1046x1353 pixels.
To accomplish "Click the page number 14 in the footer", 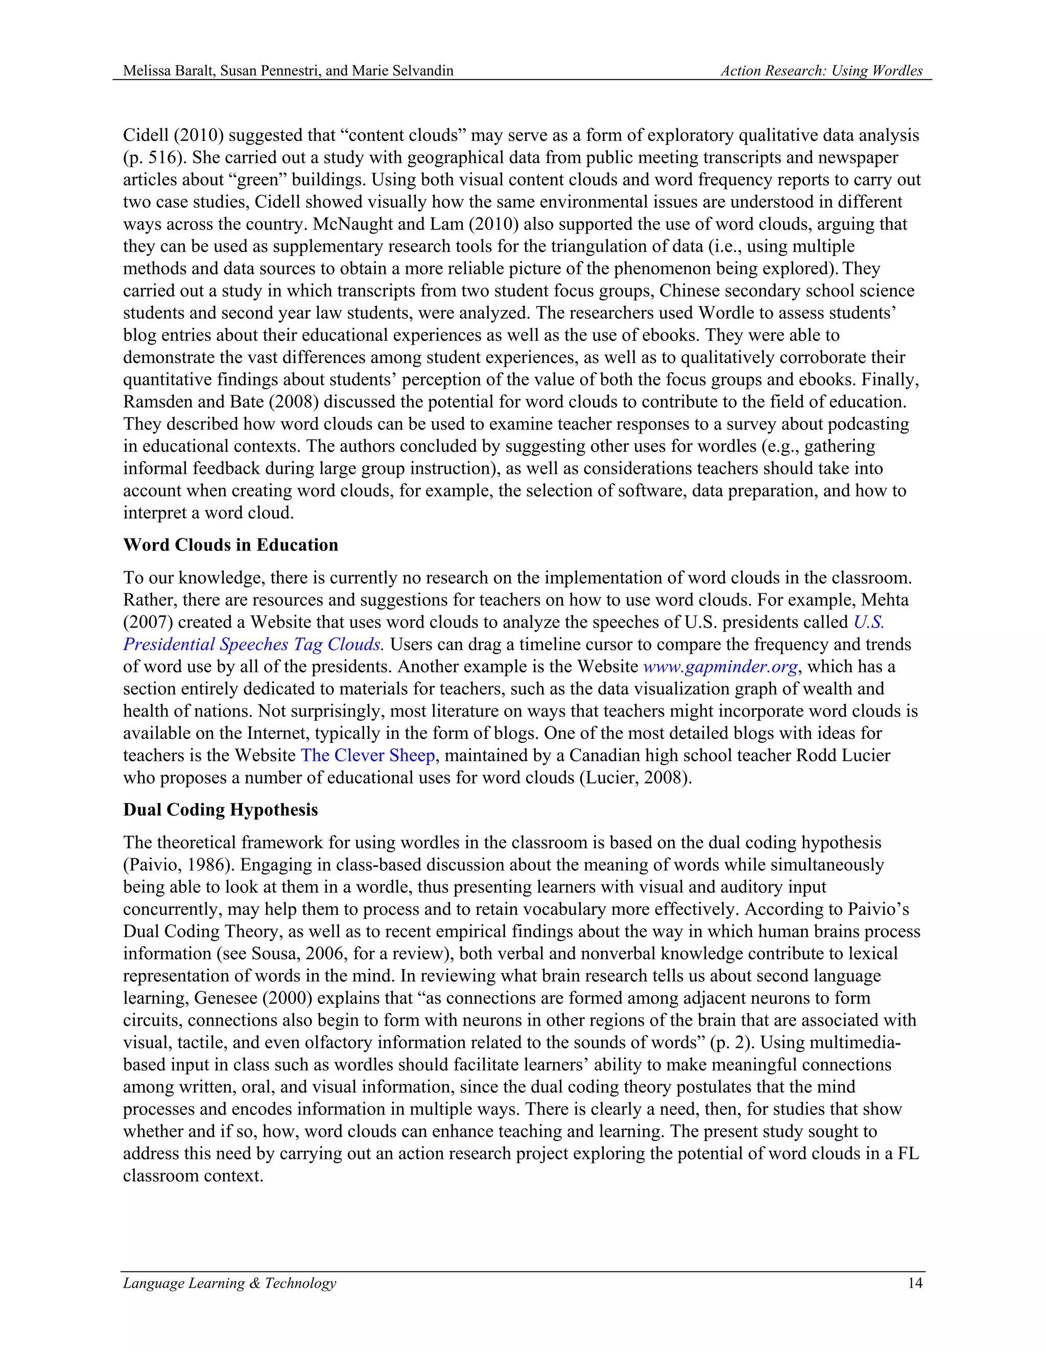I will coord(915,1283).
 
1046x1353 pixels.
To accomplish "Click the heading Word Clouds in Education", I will coord(230,545).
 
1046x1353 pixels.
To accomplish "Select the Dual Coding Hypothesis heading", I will coord(220,810).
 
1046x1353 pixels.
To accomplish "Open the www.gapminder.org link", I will coord(720,667).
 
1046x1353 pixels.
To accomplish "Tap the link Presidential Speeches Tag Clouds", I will coord(252,644).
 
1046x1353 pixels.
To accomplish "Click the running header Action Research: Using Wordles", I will coord(821,70).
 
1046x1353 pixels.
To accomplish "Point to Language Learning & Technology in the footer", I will coord(229,1283).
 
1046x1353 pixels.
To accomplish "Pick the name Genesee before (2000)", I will coord(223,998).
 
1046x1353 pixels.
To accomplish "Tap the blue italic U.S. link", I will coord(868,622).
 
